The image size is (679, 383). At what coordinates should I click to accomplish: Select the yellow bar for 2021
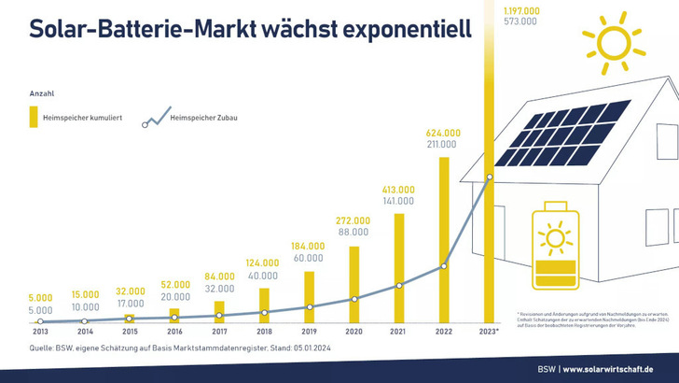pos(398,268)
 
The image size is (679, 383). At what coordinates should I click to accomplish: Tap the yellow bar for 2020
pos(353,284)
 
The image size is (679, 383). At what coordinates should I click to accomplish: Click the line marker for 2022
pos(443,266)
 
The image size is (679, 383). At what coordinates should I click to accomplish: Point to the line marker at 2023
pos(489,177)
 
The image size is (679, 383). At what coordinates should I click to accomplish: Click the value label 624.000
pos(442,133)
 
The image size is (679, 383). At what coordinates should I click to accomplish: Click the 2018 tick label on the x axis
pos(264,332)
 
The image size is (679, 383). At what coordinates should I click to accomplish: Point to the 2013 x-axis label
pos(40,332)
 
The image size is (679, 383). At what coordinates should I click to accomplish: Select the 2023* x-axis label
pos(490,332)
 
